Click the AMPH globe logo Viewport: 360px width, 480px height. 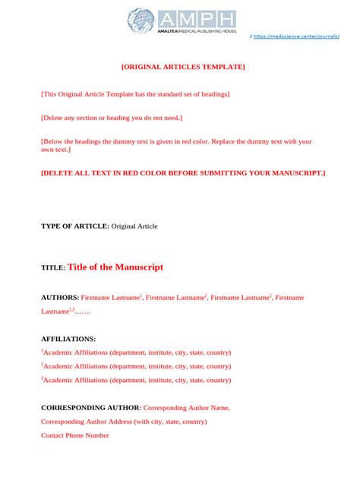(141, 21)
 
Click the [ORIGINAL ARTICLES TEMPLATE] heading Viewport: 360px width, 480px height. (183, 68)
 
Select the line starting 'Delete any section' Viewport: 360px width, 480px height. (112, 118)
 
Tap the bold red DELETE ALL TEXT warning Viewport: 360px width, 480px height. (183, 173)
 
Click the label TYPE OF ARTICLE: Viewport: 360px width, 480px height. (75, 226)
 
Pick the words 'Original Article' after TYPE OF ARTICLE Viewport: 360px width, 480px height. (135, 226)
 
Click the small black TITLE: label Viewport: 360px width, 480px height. (53, 269)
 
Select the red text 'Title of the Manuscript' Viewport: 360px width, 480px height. (115, 267)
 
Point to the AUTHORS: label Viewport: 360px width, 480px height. (60, 298)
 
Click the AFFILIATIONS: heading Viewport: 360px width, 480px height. (68, 339)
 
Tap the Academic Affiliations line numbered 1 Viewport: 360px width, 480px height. (137, 352)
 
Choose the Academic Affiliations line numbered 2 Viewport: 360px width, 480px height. (137, 366)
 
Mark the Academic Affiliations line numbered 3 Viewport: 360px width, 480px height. (137, 380)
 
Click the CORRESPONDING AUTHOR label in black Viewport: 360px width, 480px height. (90, 408)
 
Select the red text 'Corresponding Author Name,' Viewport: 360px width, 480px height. (187, 408)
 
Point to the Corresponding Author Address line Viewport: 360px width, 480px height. (124, 422)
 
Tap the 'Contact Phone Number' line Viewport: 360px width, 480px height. (75, 435)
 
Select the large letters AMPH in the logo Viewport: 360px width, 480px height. (197, 19)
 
